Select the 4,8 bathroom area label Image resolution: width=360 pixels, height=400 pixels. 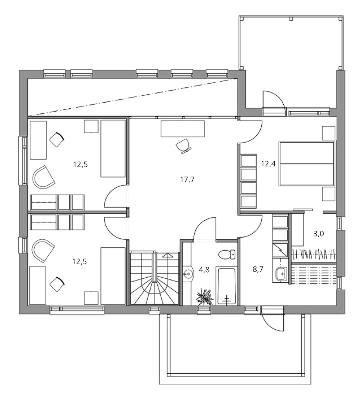point(204,269)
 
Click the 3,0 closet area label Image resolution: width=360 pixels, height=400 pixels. point(318,234)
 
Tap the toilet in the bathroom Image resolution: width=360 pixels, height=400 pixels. point(226,254)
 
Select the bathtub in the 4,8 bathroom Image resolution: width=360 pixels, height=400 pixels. point(226,286)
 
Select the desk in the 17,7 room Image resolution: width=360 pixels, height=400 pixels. point(183,129)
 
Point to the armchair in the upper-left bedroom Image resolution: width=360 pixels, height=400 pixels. point(43,177)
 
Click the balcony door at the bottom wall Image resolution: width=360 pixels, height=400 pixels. point(273,318)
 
